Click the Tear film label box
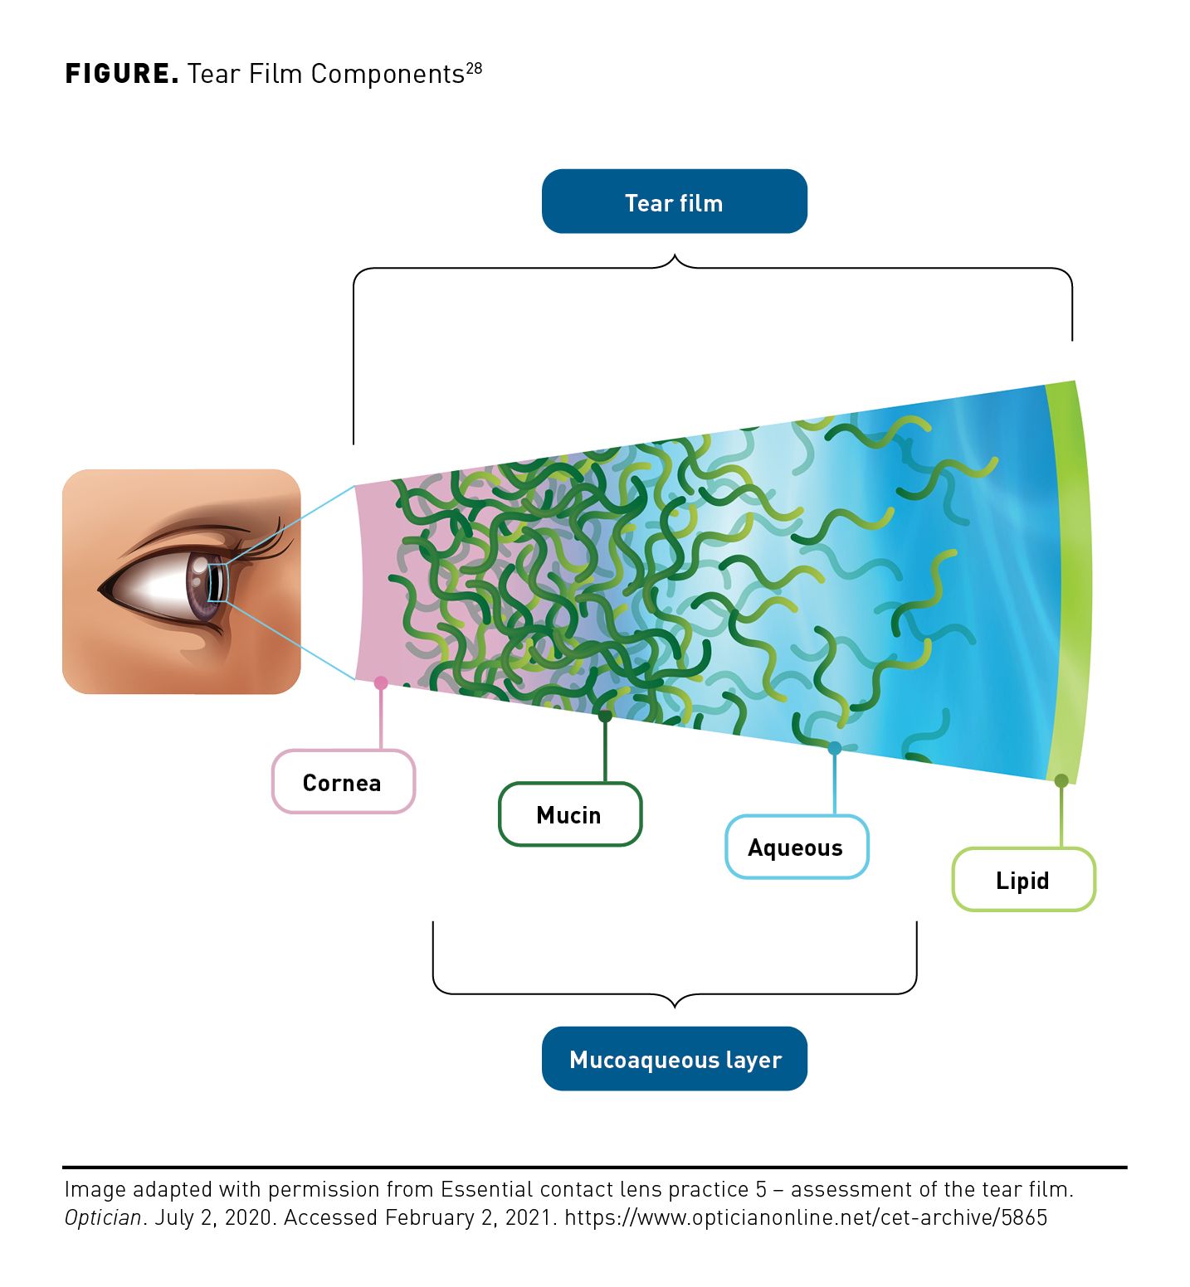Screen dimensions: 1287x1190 [674, 202]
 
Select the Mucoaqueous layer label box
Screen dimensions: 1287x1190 [674, 1059]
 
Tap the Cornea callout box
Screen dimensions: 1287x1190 [343, 782]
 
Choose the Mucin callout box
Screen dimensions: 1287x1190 [569, 814]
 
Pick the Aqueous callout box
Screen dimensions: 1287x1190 [796, 847]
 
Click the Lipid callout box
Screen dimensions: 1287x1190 [1022, 880]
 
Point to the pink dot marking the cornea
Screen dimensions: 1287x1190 [381, 682]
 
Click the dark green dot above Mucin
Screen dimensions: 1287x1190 [605, 716]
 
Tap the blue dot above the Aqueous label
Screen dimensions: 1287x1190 [835, 748]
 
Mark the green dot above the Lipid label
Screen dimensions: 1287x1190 [1061, 780]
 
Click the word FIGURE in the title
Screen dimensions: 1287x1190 [121, 74]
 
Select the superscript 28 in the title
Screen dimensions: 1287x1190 [474, 68]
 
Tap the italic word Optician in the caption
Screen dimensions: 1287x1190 [103, 1217]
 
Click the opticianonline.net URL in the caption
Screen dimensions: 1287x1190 [805, 1217]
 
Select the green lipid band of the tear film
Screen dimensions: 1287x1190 [1070, 580]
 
